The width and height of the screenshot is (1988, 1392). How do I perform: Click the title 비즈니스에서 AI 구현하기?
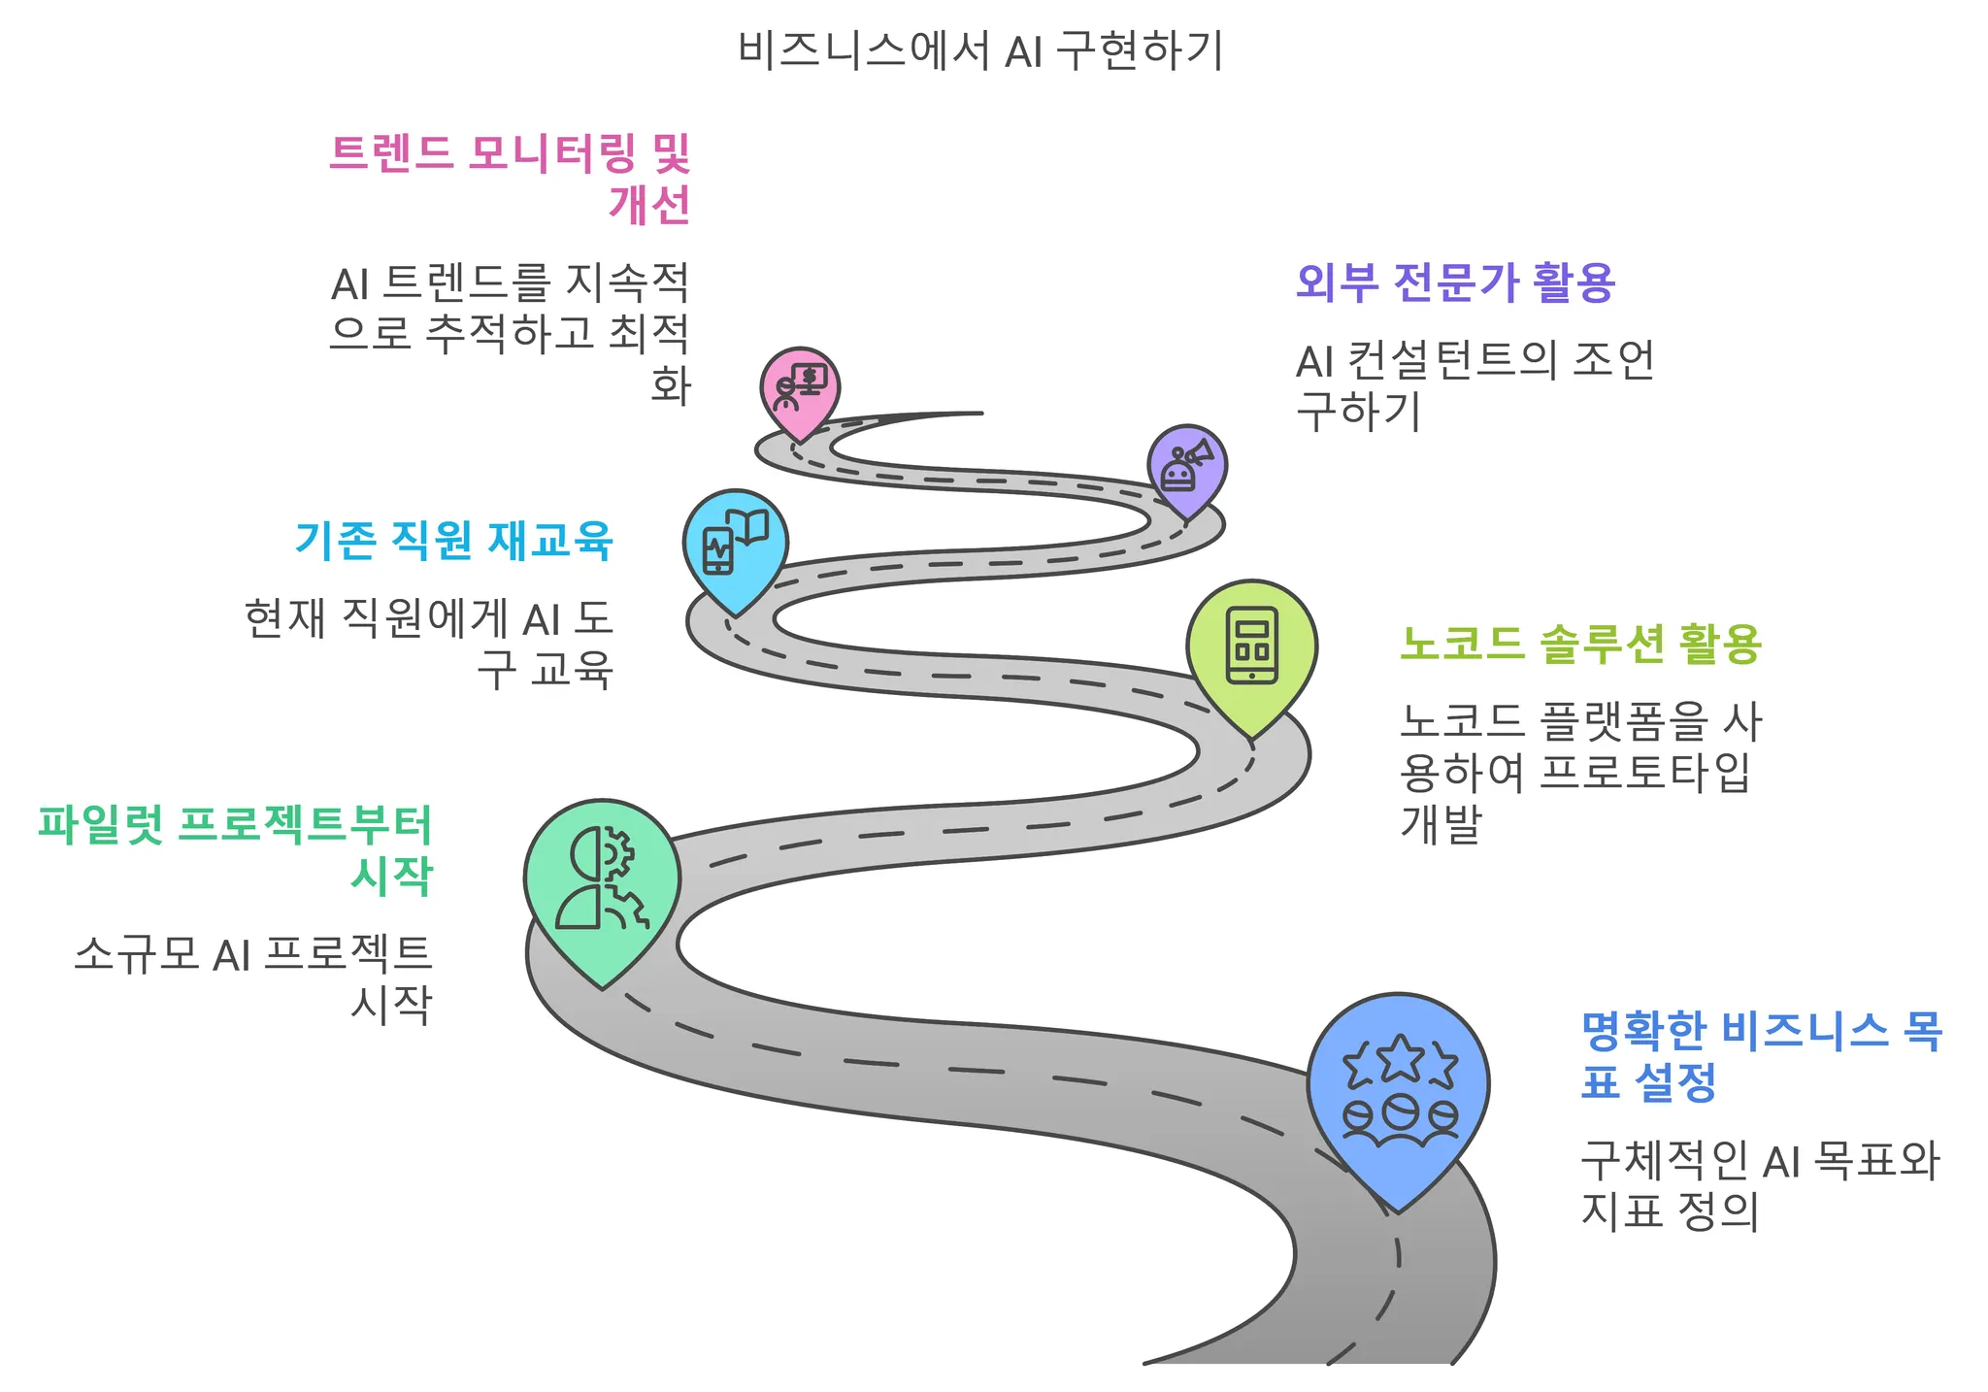tap(980, 50)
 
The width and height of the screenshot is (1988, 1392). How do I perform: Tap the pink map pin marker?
tap(800, 387)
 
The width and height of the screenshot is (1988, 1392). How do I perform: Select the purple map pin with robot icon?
tap(1186, 467)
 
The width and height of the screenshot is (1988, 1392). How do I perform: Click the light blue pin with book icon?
tap(735, 545)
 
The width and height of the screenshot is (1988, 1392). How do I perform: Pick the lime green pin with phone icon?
tap(1251, 647)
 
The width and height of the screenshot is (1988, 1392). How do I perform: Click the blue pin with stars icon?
tap(1398, 1087)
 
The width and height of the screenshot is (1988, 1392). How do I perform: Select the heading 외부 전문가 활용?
tap(1455, 282)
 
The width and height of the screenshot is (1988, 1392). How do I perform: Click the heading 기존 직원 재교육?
tap(453, 540)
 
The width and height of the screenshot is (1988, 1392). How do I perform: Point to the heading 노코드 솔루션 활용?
tap(1580, 644)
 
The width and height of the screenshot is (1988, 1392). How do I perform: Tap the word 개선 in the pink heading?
tap(649, 204)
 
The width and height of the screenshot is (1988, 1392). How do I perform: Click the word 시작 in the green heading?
tap(391, 876)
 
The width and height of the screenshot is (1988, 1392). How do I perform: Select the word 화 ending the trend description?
tap(670, 385)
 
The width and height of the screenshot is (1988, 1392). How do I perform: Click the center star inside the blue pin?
tap(1399, 1057)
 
